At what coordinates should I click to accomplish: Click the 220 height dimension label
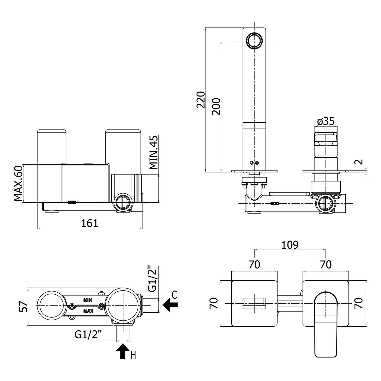201,100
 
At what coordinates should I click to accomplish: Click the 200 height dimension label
216,106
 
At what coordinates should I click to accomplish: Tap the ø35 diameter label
326,121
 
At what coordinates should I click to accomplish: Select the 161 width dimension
90,223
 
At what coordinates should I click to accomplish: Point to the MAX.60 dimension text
19,183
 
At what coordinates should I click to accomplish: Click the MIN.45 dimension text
153,152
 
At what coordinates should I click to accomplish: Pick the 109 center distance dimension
290,245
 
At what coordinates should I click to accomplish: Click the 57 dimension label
23,307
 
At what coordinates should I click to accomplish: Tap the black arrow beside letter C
170,305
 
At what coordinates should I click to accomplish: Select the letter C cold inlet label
174,295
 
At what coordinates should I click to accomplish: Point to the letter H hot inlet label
133,355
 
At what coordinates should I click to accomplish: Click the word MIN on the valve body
88,300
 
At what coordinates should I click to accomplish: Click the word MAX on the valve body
88,311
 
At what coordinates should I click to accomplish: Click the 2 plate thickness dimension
360,162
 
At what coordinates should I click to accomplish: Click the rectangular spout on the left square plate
254,303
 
